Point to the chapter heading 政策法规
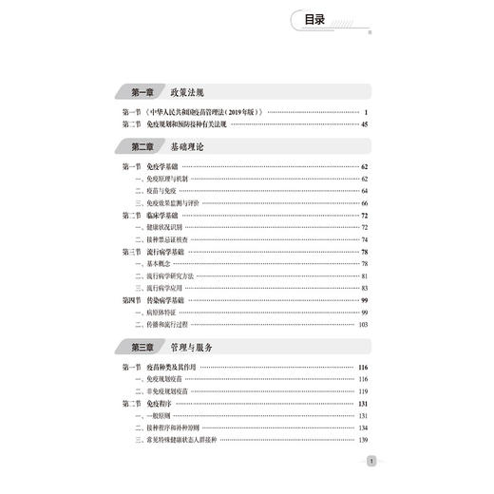pyautogui.click(x=187, y=92)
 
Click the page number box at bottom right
pyautogui.click(x=371, y=462)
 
